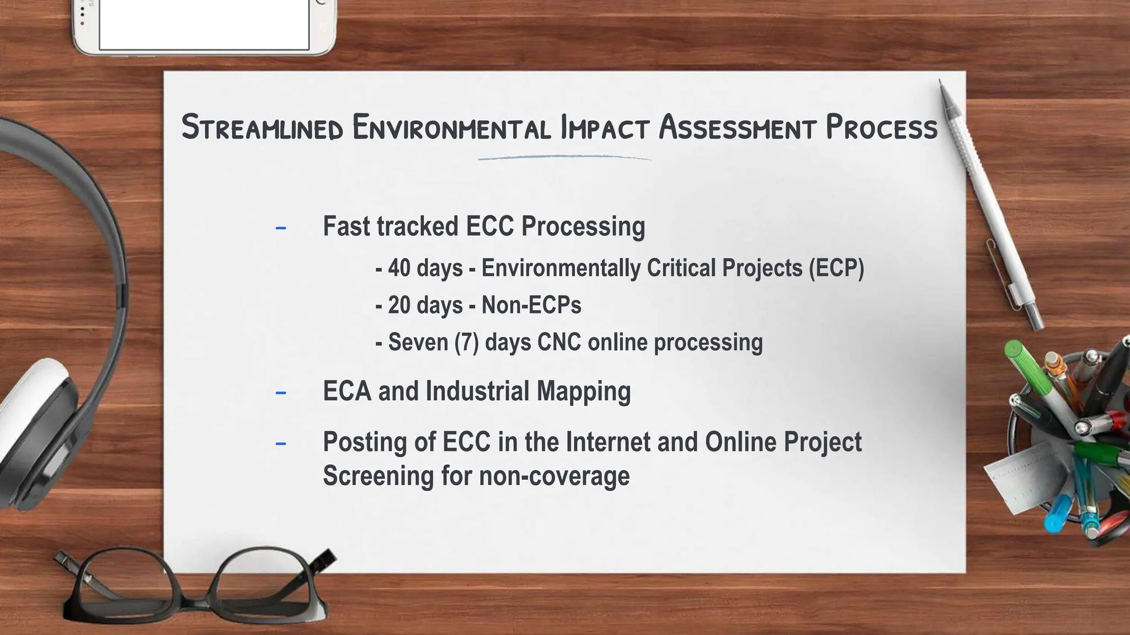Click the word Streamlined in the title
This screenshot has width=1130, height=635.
[263, 127]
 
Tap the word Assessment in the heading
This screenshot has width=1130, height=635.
[737, 127]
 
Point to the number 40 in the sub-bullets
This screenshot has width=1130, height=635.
[399, 268]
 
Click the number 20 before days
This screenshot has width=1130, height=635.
[399, 305]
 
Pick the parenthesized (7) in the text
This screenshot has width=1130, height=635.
[467, 342]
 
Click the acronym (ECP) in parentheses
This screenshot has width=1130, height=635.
[836, 268]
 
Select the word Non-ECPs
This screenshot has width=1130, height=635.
[531, 305]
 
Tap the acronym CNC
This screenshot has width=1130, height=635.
[559, 342]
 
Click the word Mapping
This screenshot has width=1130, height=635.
[584, 391]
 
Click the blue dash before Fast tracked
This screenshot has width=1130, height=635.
[281, 228]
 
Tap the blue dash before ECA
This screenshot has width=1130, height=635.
[281, 392]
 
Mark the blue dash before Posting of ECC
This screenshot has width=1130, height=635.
[281, 443]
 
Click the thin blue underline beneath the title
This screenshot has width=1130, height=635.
[564, 158]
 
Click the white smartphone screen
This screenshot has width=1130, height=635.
[204, 24]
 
